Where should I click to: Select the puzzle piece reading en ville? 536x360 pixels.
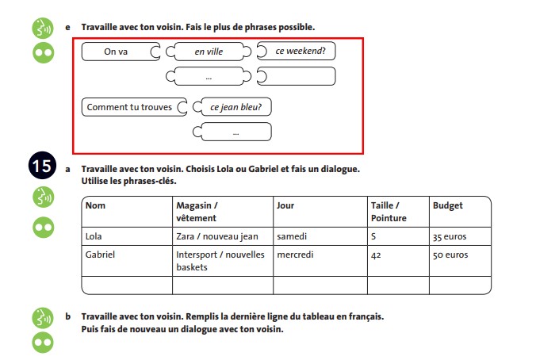(209, 52)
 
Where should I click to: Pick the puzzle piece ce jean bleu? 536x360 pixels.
(235, 107)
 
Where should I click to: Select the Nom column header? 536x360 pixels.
(96, 206)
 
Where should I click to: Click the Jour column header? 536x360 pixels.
(285, 206)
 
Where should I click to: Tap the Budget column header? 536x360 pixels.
(448, 206)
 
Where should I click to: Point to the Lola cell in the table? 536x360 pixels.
(95, 236)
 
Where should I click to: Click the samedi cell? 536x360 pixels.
(292, 236)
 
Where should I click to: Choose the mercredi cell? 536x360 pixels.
(296, 255)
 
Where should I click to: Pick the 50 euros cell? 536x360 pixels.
(450, 255)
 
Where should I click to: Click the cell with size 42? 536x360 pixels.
(377, 255)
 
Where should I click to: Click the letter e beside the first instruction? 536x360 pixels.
(68, 27)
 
